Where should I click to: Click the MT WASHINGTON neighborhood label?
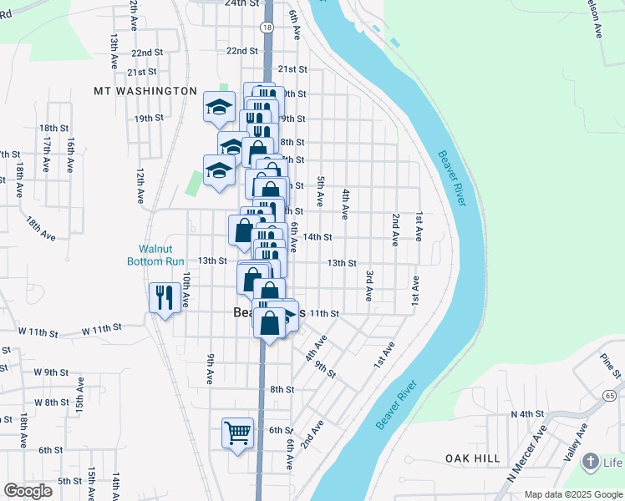(x=145, y=91)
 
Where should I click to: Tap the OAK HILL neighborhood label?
(x=473, y=458)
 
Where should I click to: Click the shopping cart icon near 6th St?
(x=238, y=433)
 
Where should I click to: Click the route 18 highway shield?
(x=267, y=28)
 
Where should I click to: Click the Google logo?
(x=28, y=491)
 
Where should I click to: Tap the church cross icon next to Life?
(x=591, y=462)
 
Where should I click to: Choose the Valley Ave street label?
(x=577, y=441)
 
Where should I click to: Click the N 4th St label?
(x=527, y=414)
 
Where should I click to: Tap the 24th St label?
(x=242, y=3)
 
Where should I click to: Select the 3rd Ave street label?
(x=368, y=286)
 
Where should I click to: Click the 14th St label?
(x=318, y=237)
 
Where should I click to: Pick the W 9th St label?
(x=50, y=372)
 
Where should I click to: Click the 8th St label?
(x=282, y=390)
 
